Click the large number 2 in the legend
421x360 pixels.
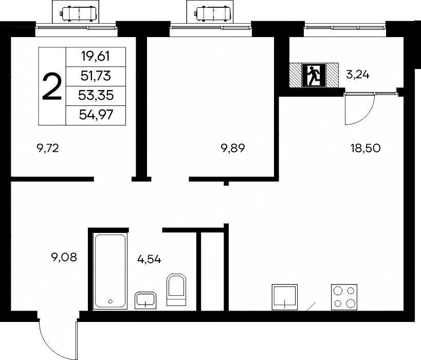[x=52, y=86]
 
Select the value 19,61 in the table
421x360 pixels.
[x=96, y=57]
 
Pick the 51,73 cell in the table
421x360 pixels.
[x=96, y=76]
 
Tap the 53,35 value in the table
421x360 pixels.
[x=96, y=95]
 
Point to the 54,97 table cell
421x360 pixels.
[x=96, y=115]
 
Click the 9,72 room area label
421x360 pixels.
[x=48, y=148]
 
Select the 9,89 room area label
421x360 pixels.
[x=233, y=148]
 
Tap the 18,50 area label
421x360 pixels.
[x=365, y=148]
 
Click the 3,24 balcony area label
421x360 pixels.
[x=358, y=75]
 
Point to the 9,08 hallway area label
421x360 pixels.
[x=64, y=257]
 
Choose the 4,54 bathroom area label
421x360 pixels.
[x=149, y=259]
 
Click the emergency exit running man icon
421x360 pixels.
[x=314, y=75]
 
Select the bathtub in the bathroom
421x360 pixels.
[x=109, y=271]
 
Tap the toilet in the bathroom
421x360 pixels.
[x=176, y=290]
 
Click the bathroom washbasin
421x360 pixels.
[x=145, y=300]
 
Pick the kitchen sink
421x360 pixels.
[x=285, y=297]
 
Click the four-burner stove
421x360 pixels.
[x=344, y=297]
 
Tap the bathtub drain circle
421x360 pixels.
[x=110, y=301]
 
